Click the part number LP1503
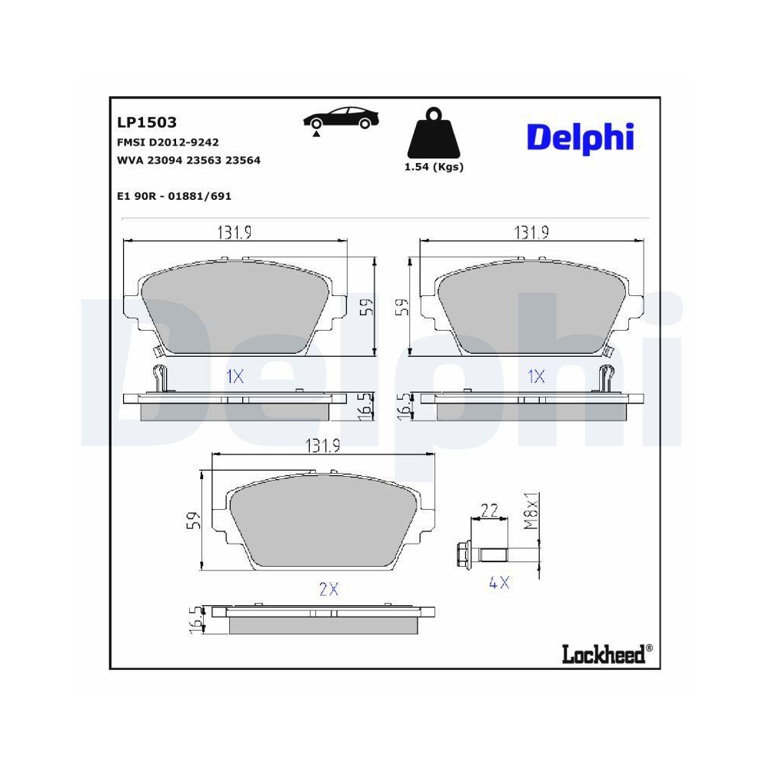pyautogui.click(x=147, y=122)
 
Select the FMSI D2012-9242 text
pyautogui.click(x=168, y=142)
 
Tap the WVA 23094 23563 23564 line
pyautogui.click(x=188, y=161)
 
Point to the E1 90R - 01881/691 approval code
pyautogui.click(x=174, y=196)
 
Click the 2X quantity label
pyautogui.click(x=328, y=589)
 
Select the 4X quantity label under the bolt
pyautogui.click(x=499, y=583)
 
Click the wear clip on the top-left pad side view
pyautogui.click(x=159, y=378)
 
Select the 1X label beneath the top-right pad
pyautogui.click(x=536, y=377)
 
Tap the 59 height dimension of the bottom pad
pyautogui.click(x=194, y=520)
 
